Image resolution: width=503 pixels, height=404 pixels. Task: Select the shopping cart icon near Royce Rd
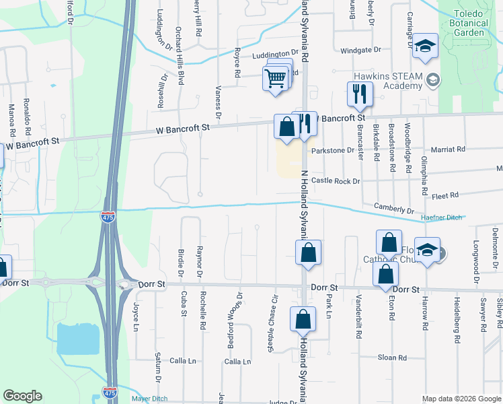[x=276, y=78]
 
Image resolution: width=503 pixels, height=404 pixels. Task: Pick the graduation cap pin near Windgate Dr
[x=425, y=46]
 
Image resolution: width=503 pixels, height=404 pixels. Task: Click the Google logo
[x=22, y=396]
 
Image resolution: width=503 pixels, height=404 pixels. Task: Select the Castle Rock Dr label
[x=336, y=181]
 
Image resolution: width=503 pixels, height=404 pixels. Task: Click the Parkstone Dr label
[x=332, y=150]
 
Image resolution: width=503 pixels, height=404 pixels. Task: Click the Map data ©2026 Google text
[x=461, y=399]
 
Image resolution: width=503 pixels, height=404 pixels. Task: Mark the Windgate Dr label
[x=360, y=50]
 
